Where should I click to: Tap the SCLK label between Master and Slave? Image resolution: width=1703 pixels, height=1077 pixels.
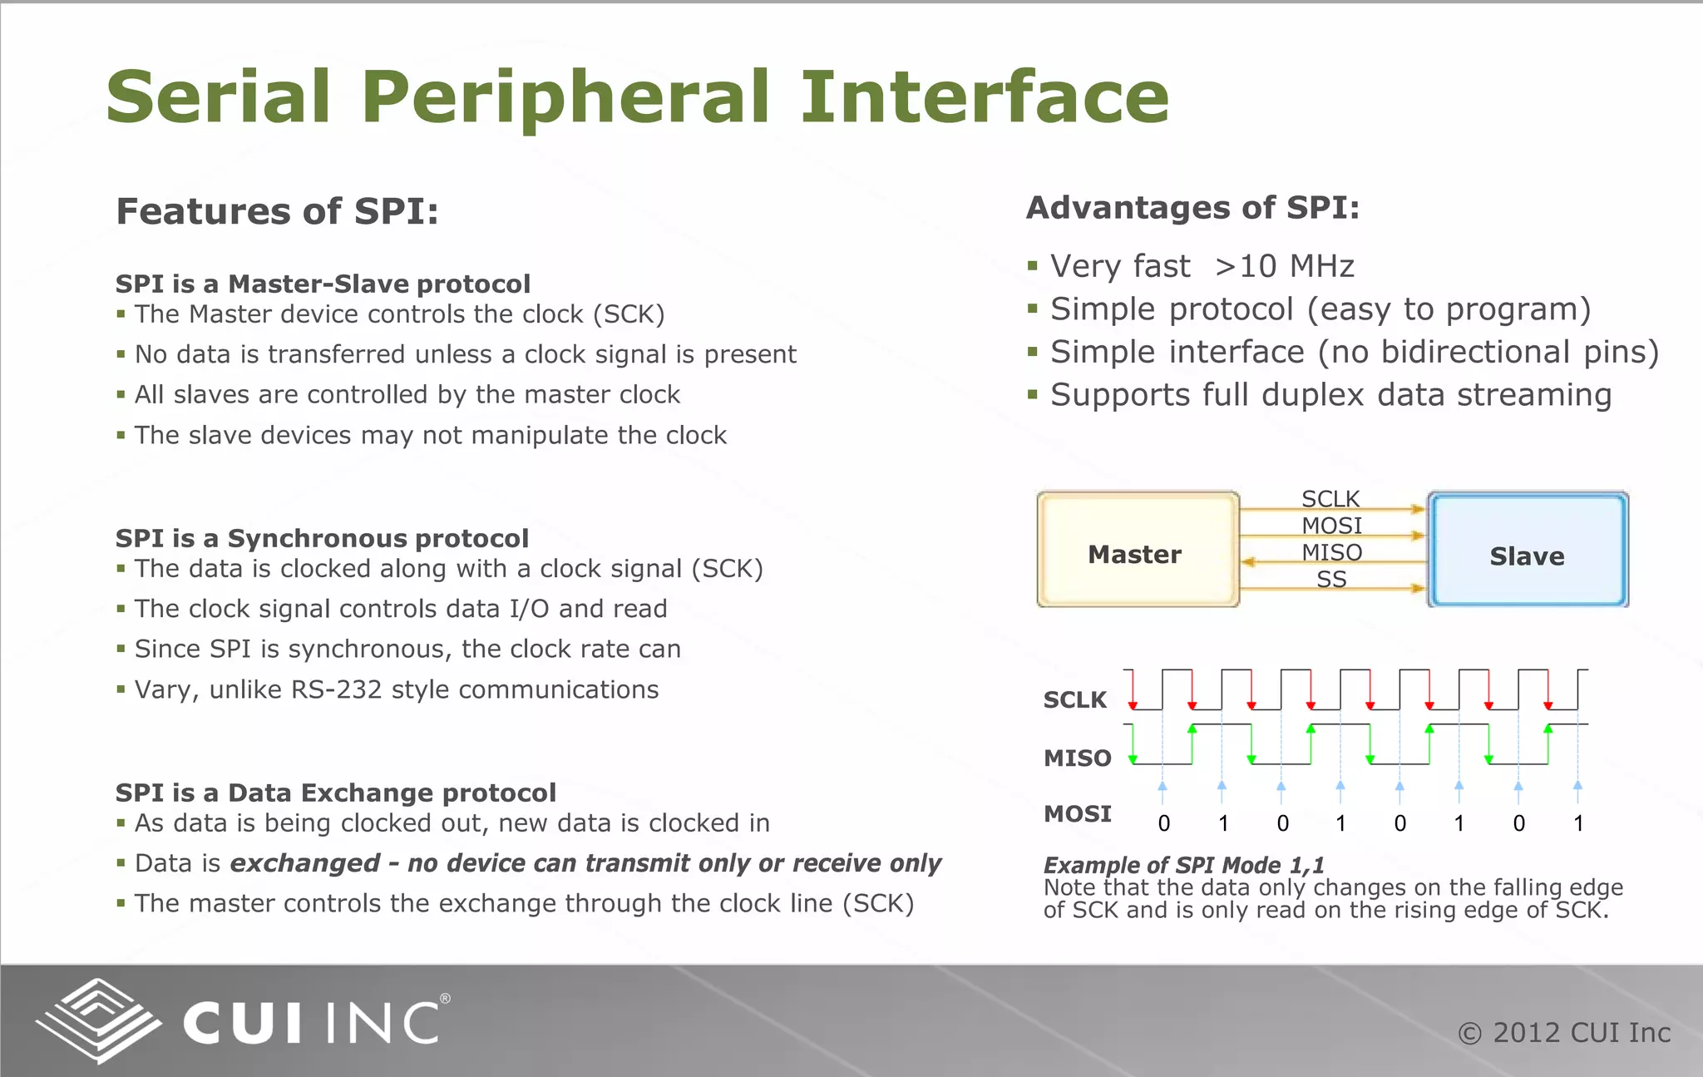point(1330,499)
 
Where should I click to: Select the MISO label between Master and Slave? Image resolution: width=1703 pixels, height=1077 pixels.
point(1331,552)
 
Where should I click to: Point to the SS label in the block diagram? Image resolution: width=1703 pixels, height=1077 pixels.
point(1331,580)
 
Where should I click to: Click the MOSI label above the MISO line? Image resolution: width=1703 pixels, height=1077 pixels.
point(1331,526)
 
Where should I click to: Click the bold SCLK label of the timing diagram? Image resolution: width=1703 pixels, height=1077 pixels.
point(1075,699)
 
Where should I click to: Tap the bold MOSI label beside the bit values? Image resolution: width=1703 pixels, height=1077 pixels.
point(1078,813)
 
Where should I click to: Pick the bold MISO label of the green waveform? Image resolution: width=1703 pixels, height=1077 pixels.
point(1078,758)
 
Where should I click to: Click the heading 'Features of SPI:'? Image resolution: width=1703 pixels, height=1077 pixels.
point(277,211)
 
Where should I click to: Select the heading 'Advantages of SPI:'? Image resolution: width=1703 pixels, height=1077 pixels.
point(1192,208)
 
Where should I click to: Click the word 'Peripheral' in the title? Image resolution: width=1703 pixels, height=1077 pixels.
point(565,97)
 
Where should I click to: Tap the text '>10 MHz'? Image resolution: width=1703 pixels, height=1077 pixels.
point(1284,266)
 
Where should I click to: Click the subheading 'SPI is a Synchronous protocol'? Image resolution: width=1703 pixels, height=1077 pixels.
point(322,538)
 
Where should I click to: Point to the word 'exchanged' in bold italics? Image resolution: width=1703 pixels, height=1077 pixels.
point(304,863)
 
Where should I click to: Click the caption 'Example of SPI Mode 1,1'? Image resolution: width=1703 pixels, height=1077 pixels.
point(1183,865)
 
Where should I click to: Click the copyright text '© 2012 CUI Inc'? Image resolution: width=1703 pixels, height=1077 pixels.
point(1564,1033)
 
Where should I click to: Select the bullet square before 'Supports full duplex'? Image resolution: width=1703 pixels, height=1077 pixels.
point(1033,395)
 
